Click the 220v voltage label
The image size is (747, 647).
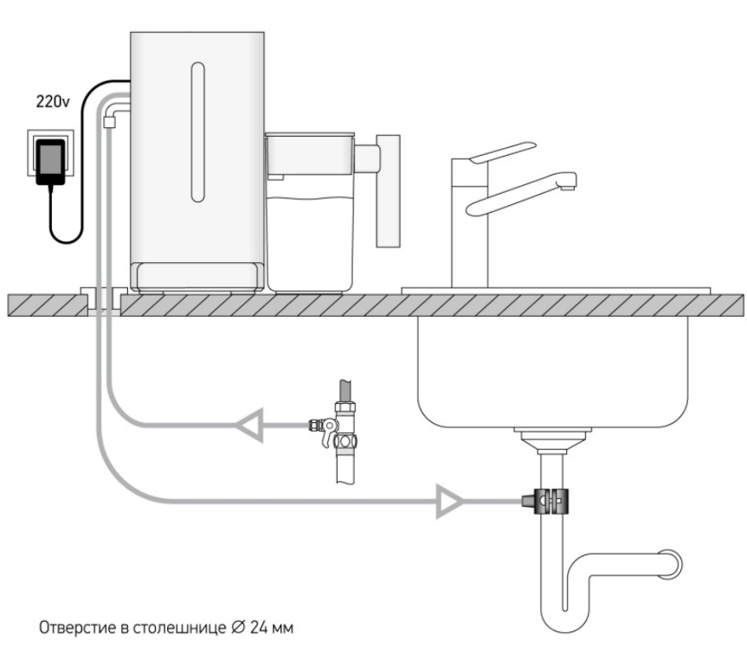coord(53,101)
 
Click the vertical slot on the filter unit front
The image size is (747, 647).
coord(197,131)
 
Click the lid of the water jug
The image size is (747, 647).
coord(310,135)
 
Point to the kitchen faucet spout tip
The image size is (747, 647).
coord(568,187)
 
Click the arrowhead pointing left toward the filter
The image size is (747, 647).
coord(249,426)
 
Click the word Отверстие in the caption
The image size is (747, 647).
coord(78,627)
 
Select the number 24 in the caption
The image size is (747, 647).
coord(258,627)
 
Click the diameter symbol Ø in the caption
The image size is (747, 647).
coord(238,627)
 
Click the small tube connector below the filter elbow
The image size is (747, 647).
coord(110,122)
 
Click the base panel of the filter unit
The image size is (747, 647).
coord(197,276)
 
